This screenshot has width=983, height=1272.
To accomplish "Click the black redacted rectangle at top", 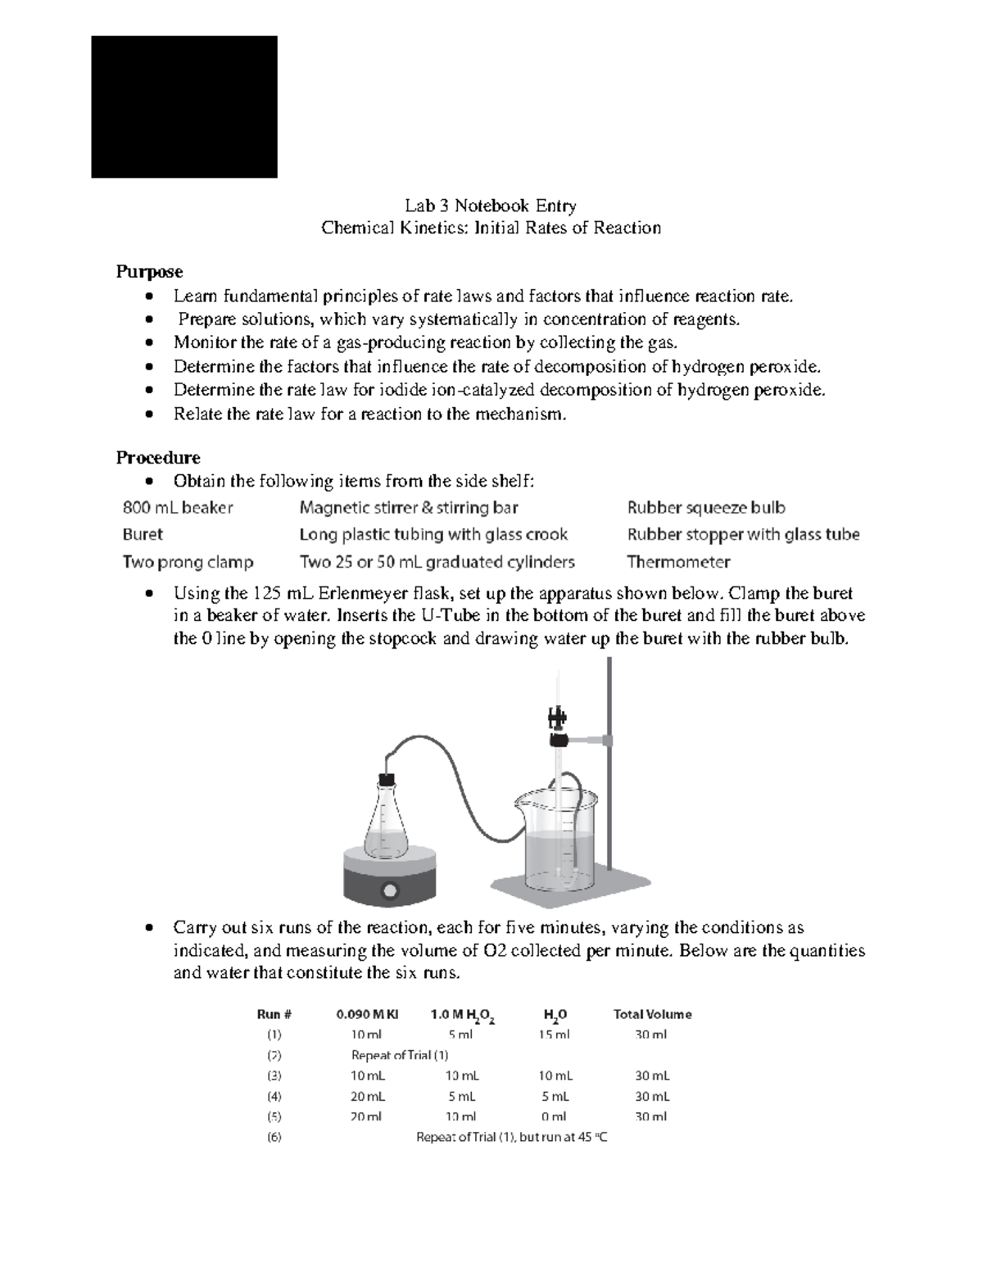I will (183, 106).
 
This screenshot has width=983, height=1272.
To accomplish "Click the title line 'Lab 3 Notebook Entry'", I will (491, 206).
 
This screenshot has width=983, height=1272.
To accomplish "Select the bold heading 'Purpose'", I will (149, 271).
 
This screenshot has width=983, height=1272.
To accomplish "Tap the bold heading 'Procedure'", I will (158, 457).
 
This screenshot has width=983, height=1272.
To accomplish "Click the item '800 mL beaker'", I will (178, 508).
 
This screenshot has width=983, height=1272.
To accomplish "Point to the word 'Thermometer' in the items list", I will (677, 562).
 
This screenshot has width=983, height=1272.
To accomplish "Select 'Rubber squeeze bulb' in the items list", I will (706, 508).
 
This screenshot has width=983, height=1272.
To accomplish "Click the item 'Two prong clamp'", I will (188, 562).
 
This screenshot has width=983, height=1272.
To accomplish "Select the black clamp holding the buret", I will (559, 739).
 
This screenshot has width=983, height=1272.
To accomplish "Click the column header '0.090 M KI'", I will (367, 1014).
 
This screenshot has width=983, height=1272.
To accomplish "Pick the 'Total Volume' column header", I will (652, 1014).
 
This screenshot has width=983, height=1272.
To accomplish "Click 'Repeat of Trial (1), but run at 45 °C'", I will (512, 1138).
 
